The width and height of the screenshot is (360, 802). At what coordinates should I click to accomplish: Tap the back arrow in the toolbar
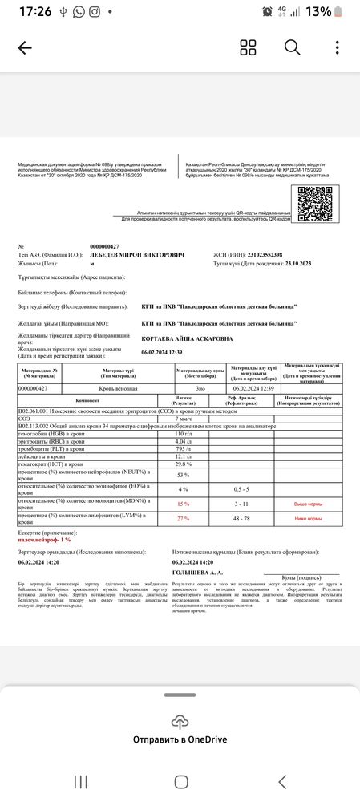tap(24, 47)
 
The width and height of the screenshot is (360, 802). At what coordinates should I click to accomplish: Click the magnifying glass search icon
tap(292, 47)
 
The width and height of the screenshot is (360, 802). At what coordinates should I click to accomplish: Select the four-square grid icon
tap(249, 47)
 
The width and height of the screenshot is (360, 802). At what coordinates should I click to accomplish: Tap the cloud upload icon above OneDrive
tap(180, 721)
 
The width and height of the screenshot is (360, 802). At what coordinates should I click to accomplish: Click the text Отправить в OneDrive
tap(180, 739)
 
